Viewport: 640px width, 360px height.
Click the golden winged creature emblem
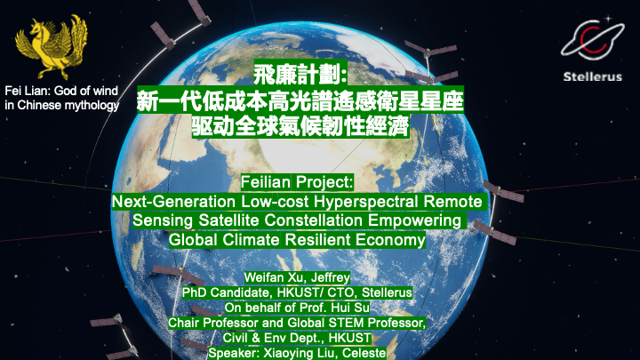[52, 47]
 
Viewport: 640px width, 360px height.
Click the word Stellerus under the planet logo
[593, 76]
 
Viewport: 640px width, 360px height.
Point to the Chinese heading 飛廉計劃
[300, 75]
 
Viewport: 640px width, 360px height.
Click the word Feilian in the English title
[266, 182]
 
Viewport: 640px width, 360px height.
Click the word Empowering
[414, 220]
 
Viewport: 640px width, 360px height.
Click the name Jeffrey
[330, 277]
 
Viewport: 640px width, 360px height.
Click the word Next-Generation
[174, 202]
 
